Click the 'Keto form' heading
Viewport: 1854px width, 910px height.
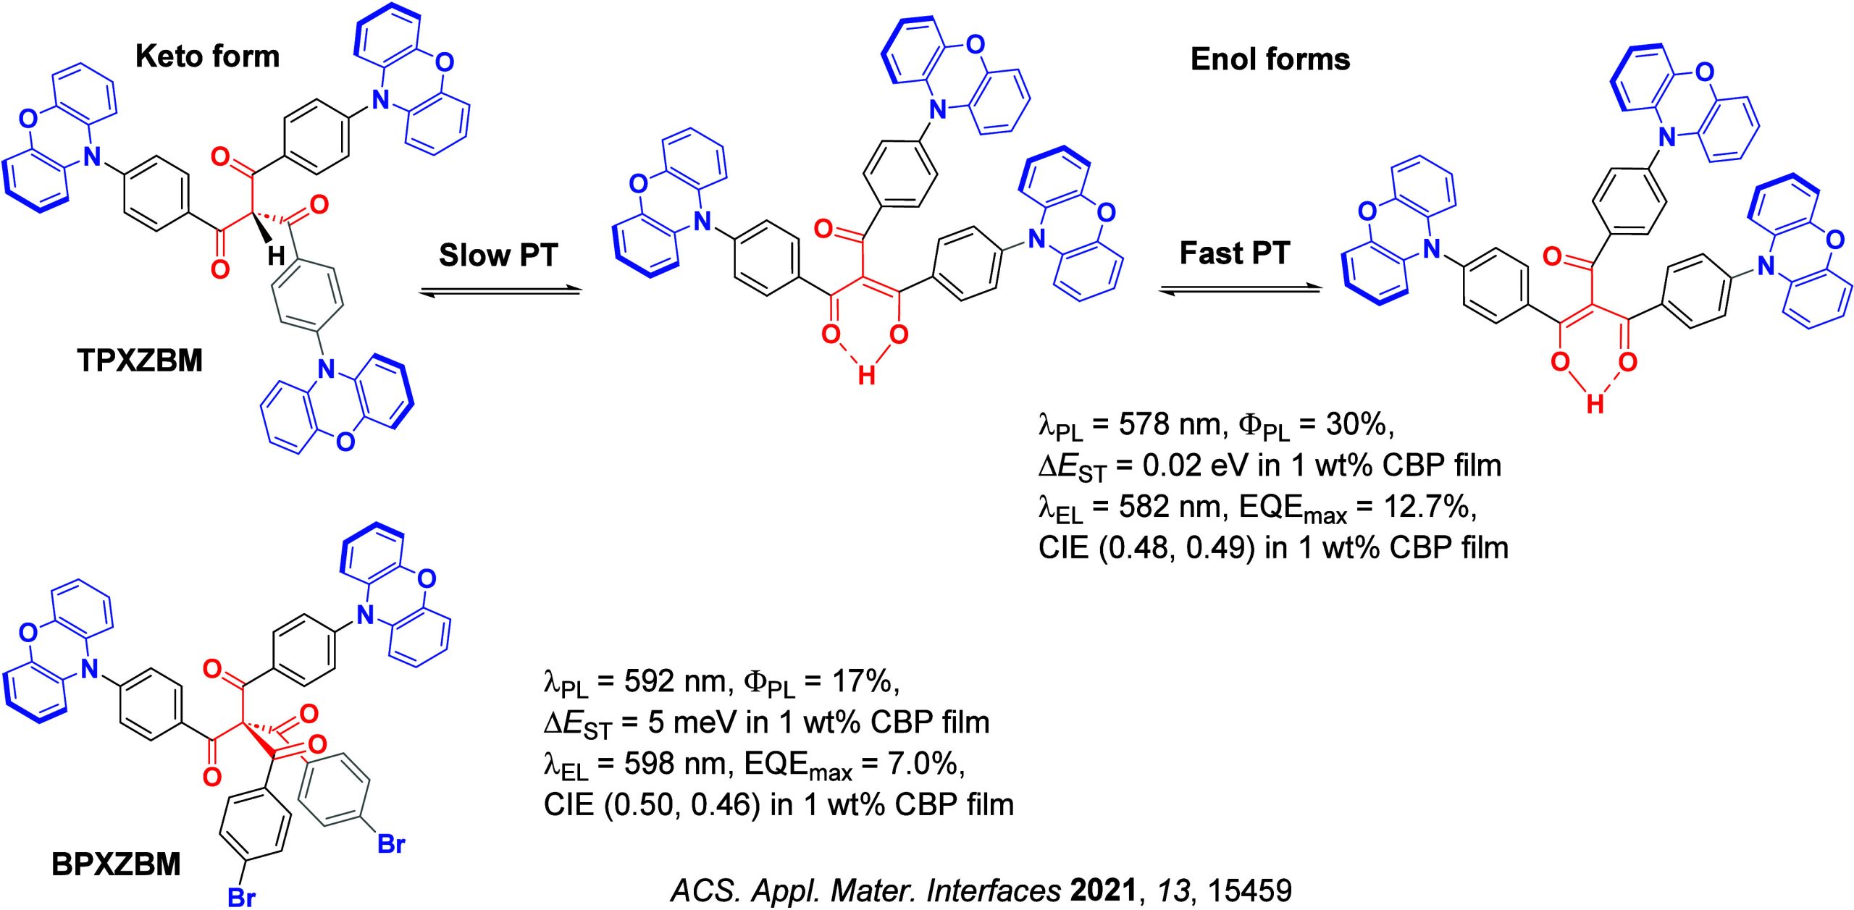pos(207,56)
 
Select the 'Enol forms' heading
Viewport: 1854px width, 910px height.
pos(1270,59)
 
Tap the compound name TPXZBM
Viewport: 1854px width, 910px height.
pos(140,361)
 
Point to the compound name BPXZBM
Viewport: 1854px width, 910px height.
pos(116,864)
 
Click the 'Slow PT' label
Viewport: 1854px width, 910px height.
pos(498,256)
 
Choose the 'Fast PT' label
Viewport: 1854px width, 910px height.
pos(1235,253)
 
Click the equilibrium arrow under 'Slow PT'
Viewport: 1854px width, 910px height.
pos(501,291)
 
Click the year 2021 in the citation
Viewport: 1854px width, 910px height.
pos(1103,890)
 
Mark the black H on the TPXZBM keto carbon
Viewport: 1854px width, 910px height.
pos(276,256)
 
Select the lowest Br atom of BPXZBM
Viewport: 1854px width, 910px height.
pos(242,898)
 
